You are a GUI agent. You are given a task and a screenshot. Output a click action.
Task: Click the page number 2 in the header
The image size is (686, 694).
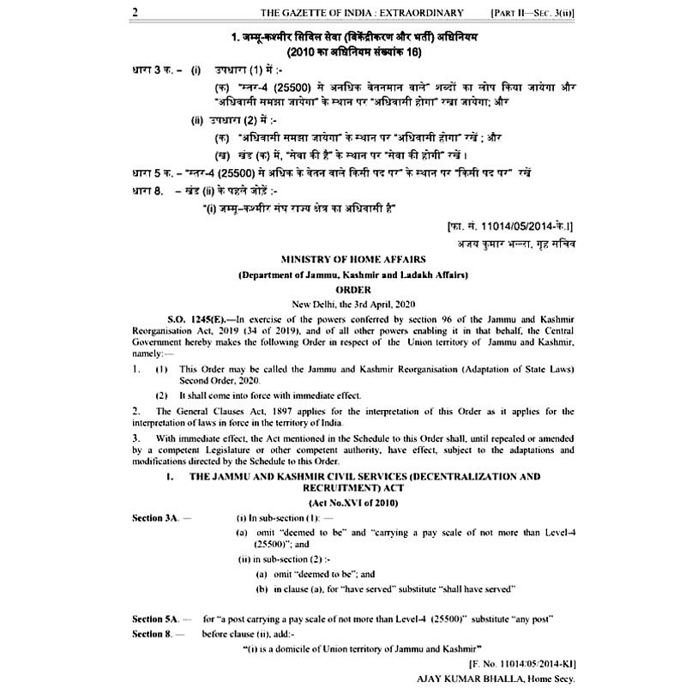click(135, 13)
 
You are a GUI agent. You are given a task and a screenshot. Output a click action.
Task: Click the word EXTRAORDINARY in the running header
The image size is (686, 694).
click(420, 13)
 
